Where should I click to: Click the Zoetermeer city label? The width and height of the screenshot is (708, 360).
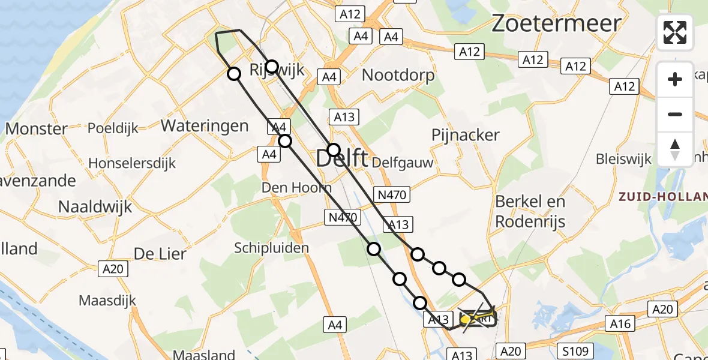point(556,23)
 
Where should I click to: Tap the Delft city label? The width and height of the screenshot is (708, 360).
point(342,160)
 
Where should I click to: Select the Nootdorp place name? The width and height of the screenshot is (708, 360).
point(398,75)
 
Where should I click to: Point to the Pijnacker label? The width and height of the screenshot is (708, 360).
point(466,135)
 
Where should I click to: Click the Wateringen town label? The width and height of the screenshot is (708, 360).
point(205,126)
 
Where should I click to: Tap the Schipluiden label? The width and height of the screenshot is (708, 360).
point(263,248)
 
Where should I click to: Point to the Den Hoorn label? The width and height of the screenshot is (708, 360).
point(296,188)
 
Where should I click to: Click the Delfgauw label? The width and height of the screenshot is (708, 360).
point(402,163)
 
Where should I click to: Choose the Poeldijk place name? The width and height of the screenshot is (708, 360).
point(113,128)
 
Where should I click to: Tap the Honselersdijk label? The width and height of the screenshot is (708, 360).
point(132,163)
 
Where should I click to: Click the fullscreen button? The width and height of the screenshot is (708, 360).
point(675,32)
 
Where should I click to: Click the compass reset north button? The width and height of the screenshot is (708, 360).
point(675,149)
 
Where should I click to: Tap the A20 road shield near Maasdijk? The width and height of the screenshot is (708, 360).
point(113,269)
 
